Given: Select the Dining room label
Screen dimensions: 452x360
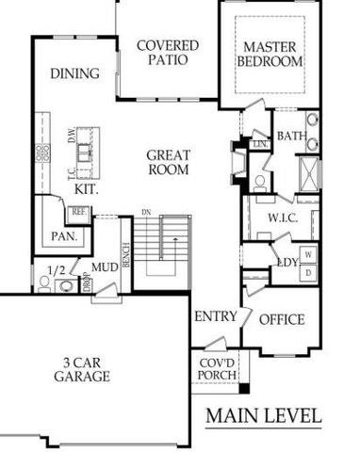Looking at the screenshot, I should point(75,72).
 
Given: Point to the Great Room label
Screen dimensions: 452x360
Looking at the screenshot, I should point(170,163).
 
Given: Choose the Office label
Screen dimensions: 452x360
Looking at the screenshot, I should point(282,320).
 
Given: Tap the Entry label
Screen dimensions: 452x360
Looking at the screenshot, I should point(215,316).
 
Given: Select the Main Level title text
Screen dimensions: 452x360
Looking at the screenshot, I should point(264,415).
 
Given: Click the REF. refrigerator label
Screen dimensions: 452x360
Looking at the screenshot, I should point(79,213).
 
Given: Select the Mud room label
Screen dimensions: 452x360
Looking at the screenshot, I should point(104,267).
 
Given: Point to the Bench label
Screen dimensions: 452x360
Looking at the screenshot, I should point(124,252).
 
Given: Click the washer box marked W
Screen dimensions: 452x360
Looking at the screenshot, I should point(308,254).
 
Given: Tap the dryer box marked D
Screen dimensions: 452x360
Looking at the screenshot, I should point(308,272).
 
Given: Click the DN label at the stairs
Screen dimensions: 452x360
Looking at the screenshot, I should point(146,212).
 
